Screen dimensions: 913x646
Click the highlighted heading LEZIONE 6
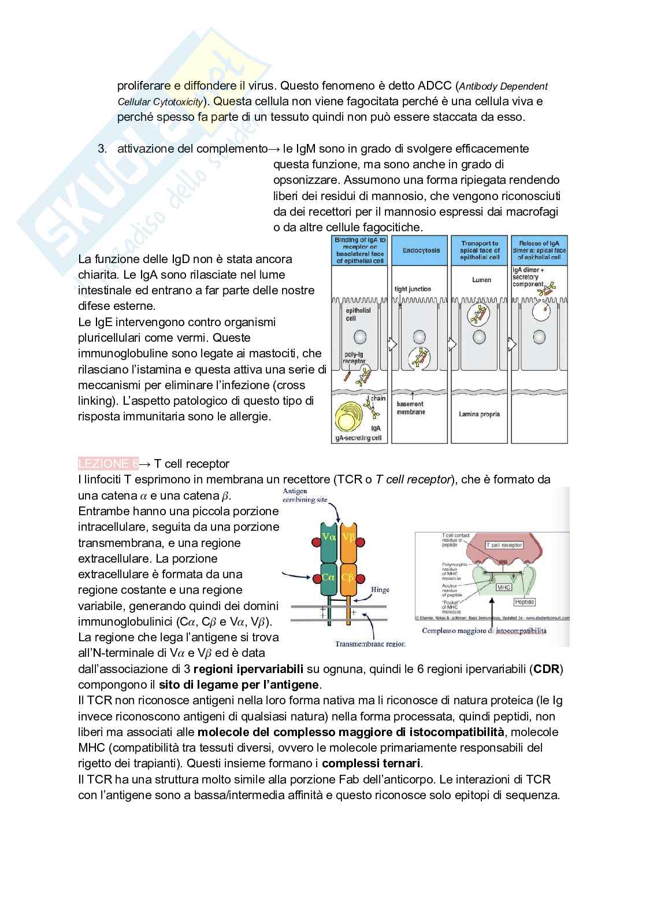click(x=108, y=464)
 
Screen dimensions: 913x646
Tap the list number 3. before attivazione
click(x=102, y=149)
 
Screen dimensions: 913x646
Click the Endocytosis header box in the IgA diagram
click(x=421, y=251)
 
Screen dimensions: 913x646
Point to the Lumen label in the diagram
click(x=481, y=280)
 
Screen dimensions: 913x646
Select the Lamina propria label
click(x=479, y=414)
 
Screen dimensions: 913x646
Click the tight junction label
click(x=413, y=289)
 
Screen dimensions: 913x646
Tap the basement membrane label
click(x=411, y=408)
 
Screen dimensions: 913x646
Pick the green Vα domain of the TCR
click(x=329, y=537)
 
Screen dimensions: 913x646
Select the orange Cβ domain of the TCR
click(x=348, y=577)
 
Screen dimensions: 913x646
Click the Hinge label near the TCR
click(x=380, y=590)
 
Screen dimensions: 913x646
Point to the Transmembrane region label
click(x=370, y=644)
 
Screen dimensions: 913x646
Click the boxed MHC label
click(x=504, y=587)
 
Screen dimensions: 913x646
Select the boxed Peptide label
click(x=524, y=602)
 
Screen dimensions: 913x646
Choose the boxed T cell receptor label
click(x=504, y=545)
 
